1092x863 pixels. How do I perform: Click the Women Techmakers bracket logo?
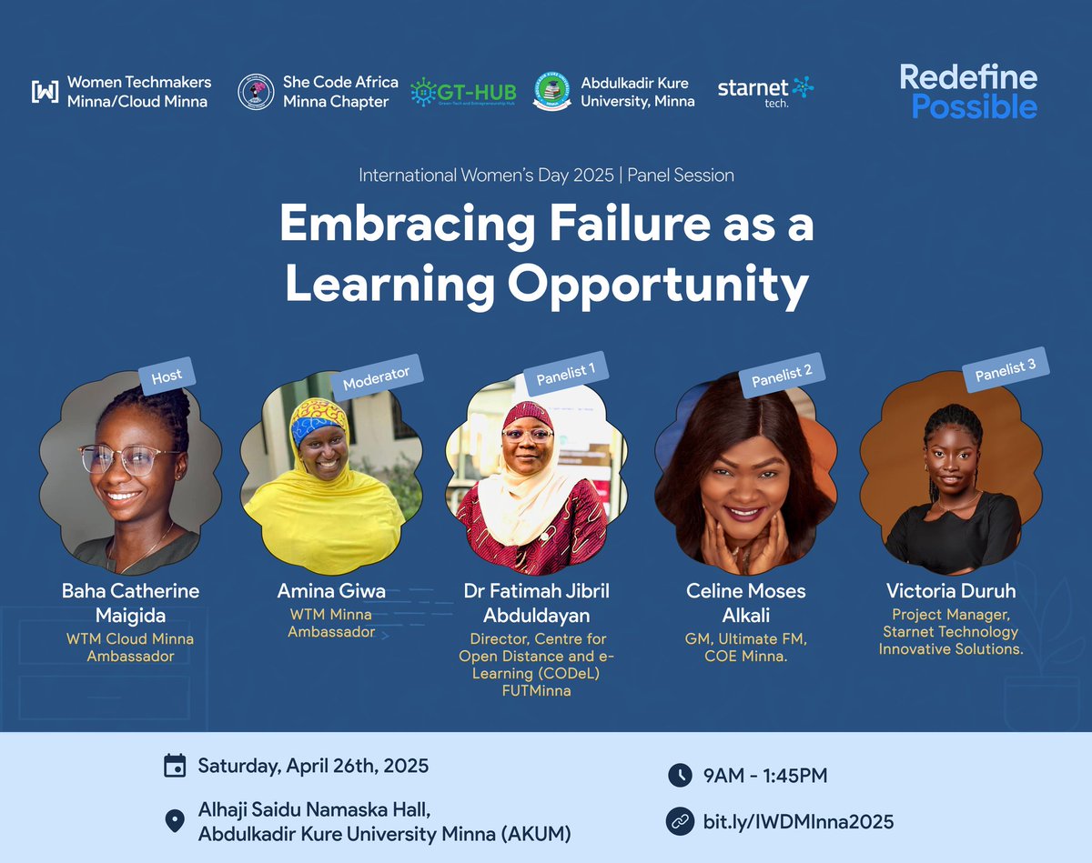[x=45, y=91]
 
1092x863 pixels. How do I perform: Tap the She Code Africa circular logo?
[x=256, y=92]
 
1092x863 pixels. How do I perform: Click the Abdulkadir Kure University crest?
[x=551, y=92]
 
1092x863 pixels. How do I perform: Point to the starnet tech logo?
[x=765, y=90]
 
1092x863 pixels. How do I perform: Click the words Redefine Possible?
[x=968, y=91]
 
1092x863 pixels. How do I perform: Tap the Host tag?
[x=167, y=375]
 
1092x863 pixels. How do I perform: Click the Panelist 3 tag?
[x=1006, y=373]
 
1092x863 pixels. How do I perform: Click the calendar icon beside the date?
[x=174, y=766]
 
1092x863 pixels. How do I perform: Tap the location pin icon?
[x=174, y=821]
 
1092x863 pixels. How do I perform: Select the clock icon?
[x=679, y=776]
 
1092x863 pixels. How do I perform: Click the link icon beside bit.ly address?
[x=679, y=821]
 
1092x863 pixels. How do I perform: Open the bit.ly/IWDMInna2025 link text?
[x=798, y=822]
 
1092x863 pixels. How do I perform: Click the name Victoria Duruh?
[x=951, y=591]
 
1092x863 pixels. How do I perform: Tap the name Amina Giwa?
[x=331, y=591]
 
